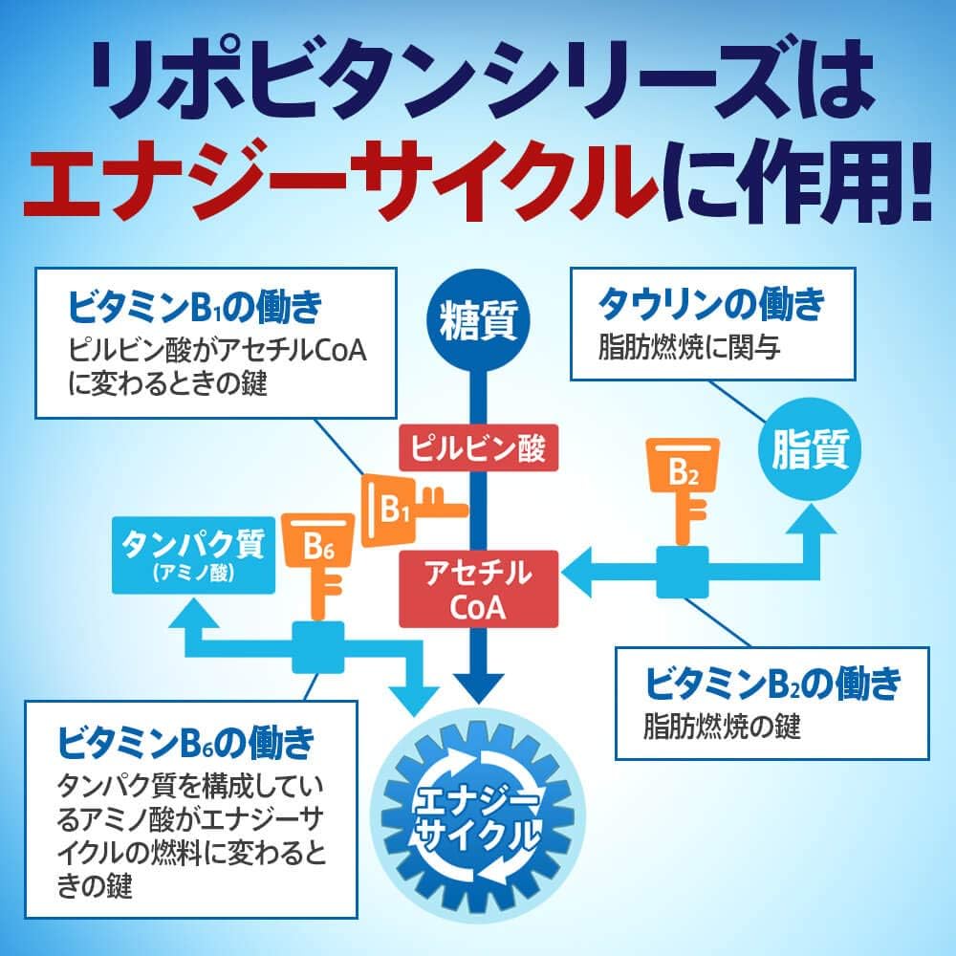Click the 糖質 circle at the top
click(x=478, y=320)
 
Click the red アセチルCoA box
click(x=478, y=589)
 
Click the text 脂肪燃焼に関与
click(x=689, y=347)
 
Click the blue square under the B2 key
click(x=683, y=572)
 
